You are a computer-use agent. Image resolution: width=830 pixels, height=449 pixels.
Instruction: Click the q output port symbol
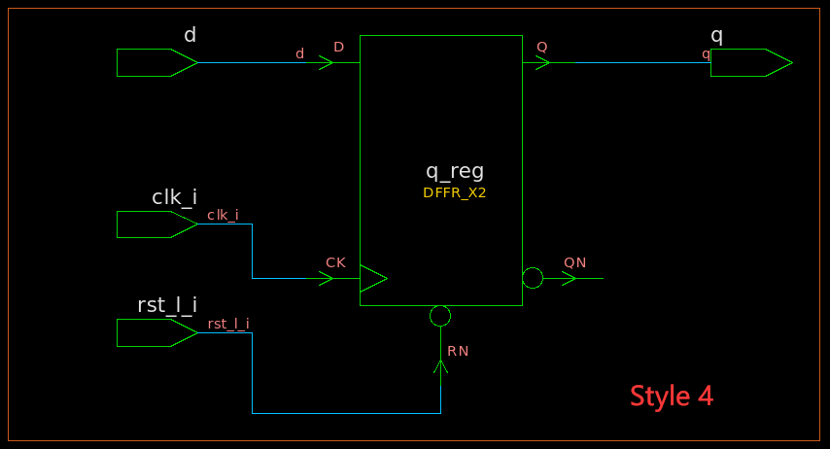click(x=749, y=62)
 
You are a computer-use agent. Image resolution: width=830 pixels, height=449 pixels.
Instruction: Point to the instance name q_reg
click(x=455, y=171)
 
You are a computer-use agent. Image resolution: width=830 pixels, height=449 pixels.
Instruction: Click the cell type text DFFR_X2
click(x=454, y=193)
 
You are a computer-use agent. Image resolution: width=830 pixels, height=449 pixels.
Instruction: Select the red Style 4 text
click(x=672, y=397)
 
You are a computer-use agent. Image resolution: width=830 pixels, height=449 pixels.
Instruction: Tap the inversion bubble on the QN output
click(x=533, y=279)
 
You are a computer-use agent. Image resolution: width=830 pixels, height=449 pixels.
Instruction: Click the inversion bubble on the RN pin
click(x=440, y=316)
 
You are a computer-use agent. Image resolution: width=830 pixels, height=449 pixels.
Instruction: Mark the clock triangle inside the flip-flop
click(x=372, y=279)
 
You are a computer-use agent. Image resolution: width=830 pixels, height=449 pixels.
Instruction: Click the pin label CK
click(x=335, y=262)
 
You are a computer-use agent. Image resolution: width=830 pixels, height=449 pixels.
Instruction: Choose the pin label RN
click(x=458, y=351)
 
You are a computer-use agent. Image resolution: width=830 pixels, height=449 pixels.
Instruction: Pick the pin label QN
click(x=574, y=262)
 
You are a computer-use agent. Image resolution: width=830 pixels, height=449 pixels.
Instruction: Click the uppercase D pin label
click(x=338, y=47)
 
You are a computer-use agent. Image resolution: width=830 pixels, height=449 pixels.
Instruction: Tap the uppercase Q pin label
click(x=541, y=47)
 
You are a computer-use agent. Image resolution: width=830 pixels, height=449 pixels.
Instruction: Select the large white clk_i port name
click(x=174, y=197)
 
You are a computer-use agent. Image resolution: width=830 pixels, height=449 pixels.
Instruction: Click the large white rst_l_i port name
click(x=167, y=305)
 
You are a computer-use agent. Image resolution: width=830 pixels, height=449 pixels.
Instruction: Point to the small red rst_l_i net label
click(x=228, y=324)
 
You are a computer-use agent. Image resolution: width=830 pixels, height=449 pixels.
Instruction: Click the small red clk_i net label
click(x=223, y=215)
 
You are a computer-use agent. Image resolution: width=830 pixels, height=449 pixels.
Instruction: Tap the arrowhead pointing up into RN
click(x=440, y=366)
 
